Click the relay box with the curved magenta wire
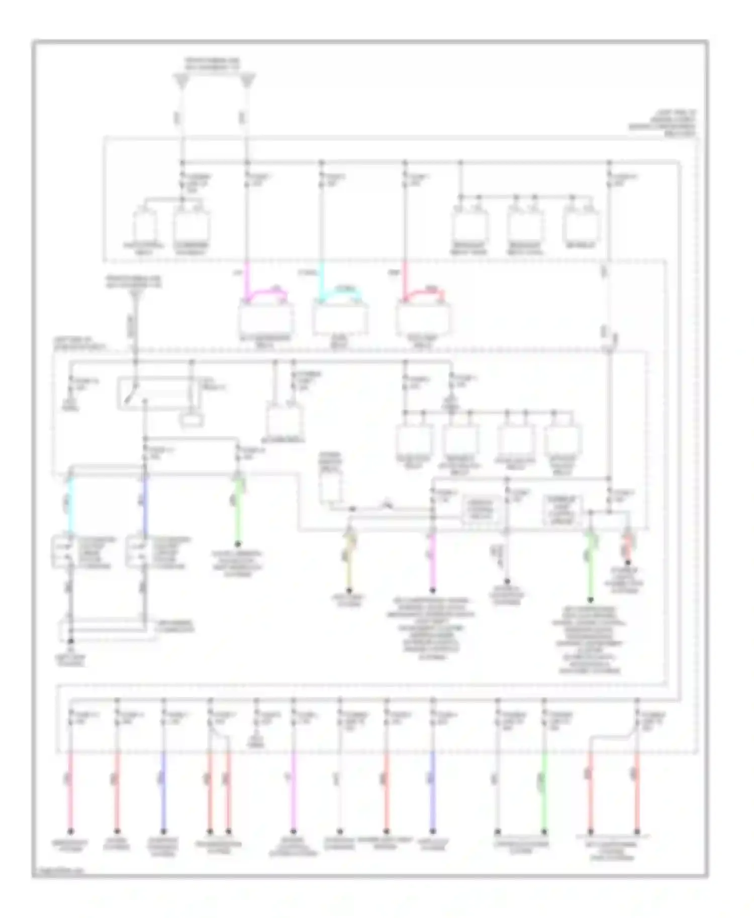(x=266, y=318)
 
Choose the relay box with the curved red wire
(x=423, y=318)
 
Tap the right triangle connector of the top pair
(x=247, y=80)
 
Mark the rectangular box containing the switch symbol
(x=159, y=393)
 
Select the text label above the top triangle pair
(x=212, y=63)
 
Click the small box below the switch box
(x=192, y=420)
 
